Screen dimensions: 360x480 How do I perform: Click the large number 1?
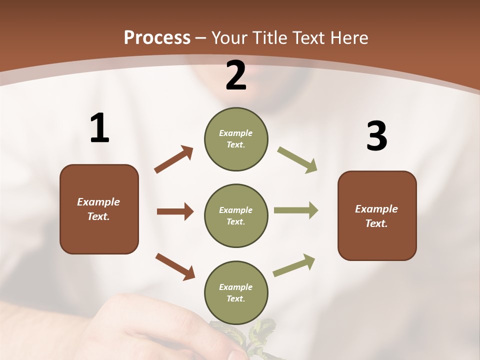[99, 128]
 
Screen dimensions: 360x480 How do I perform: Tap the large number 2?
[236, 75]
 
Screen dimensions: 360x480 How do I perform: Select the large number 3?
[376, 136]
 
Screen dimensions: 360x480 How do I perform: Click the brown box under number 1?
[99, 209]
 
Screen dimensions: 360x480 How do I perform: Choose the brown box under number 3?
[377, 215]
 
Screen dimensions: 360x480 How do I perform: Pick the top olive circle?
[236, 139]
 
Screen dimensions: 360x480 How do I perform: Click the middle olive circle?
[236, 215]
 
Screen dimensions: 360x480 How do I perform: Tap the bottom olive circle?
[236, 292]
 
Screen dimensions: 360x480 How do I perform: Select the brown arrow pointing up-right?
[174, 159]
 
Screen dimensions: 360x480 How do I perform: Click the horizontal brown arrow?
[175, 211]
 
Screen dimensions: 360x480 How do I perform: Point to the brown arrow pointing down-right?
[175, 266]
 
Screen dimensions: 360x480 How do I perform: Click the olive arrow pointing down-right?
[297, 160]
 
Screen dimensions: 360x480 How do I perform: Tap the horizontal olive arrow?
[295, 210]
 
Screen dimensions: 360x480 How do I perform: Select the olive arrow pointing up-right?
[294, 265]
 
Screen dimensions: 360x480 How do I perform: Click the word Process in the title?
[157, 37]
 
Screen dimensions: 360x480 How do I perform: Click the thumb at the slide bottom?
[235, 352]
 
